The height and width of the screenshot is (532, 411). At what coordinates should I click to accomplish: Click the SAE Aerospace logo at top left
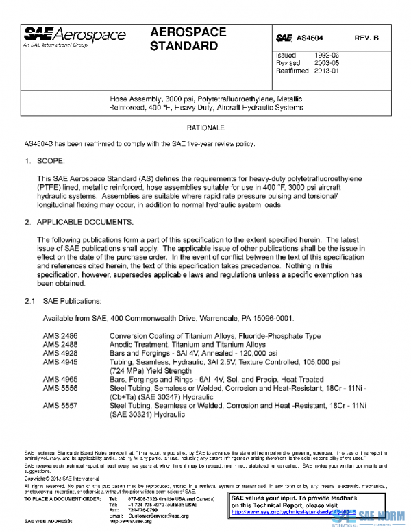[75, 36]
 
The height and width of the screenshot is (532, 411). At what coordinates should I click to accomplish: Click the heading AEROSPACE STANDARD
[184, 40]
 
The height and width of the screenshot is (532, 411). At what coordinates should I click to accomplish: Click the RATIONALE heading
[206, 128]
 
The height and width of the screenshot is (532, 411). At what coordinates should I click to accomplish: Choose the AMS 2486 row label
[60, 336]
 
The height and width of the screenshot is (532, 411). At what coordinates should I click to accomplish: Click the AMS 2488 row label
[60, 344]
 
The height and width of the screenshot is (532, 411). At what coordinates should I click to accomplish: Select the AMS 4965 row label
[60, 378]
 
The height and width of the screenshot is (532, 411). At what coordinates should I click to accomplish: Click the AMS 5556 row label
[60, 387]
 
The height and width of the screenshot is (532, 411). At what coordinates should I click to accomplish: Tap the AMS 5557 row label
[60, 405]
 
